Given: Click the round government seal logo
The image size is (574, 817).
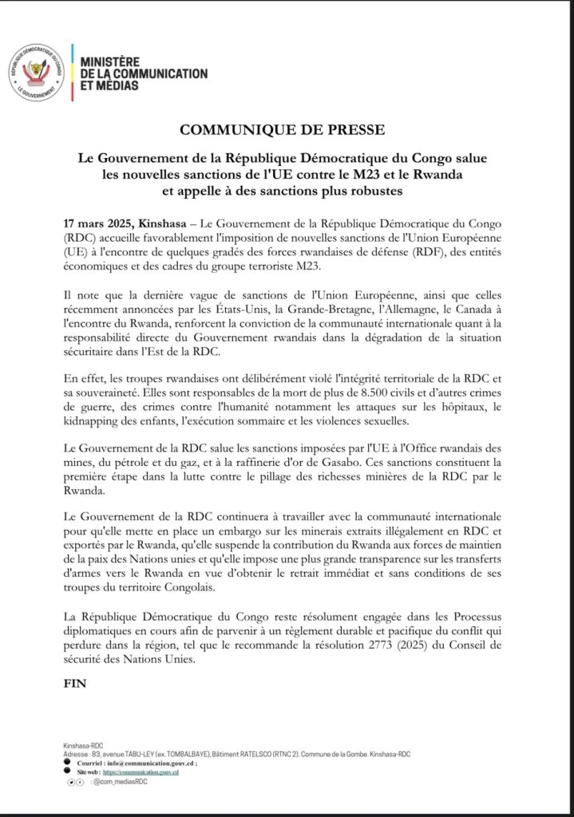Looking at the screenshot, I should point(38,73).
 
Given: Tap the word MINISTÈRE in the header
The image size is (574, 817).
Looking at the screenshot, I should point(109,61).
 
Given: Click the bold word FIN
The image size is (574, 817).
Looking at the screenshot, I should point(73,685).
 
